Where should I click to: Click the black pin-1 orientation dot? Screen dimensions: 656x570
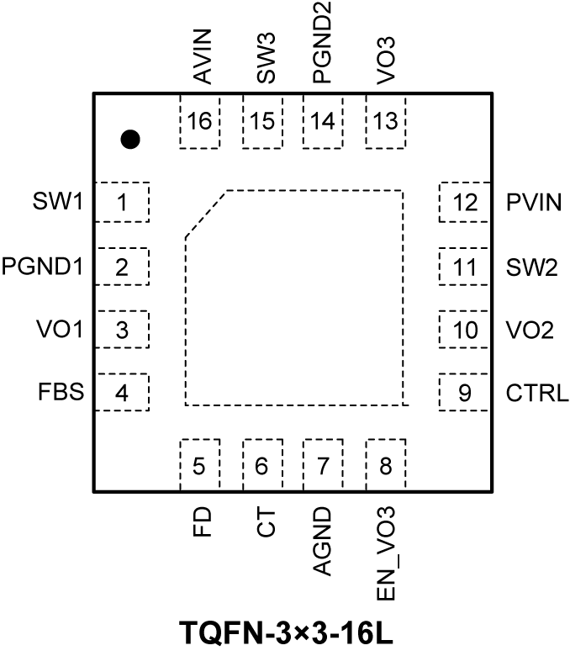click(129, 140)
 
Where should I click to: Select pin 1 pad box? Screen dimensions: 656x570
click(123, 203)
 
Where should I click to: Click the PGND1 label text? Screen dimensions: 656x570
click(43, 267)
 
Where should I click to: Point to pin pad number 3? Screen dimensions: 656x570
click(123, 330)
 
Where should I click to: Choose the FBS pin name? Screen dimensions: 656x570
click(61, 393)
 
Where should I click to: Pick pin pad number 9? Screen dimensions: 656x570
click(463, 393)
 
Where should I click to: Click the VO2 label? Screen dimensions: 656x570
click(529, 330)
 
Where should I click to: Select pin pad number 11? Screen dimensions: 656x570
click(463, 267)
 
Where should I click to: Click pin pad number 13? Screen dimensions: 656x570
click(386, 122)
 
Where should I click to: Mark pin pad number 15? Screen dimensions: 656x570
click(262, 122)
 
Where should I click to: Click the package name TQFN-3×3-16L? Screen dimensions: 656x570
click(285, 632)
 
